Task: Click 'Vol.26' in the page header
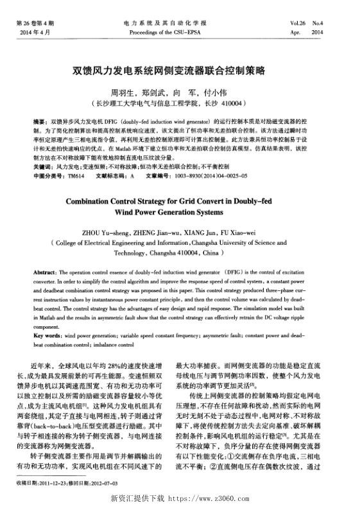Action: (299, 23)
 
